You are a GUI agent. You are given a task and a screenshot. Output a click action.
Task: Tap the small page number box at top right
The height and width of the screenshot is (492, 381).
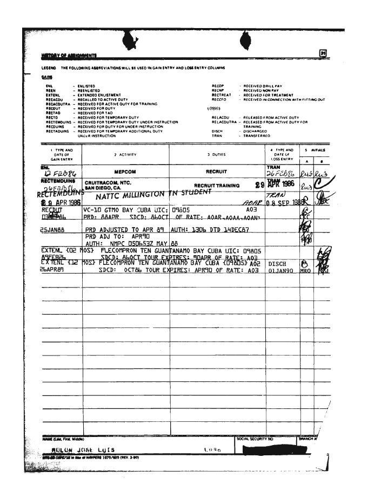pos(323,53)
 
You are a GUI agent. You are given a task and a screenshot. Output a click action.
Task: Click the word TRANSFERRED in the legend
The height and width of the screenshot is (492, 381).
pos(257,136)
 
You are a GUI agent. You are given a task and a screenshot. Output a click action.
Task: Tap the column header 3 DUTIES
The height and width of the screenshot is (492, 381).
pos(216,154)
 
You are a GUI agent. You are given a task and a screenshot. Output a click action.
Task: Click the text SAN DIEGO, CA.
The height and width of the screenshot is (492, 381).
pos(104,188)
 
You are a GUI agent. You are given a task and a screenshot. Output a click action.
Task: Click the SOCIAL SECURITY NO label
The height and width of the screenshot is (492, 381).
pos(256,439)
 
